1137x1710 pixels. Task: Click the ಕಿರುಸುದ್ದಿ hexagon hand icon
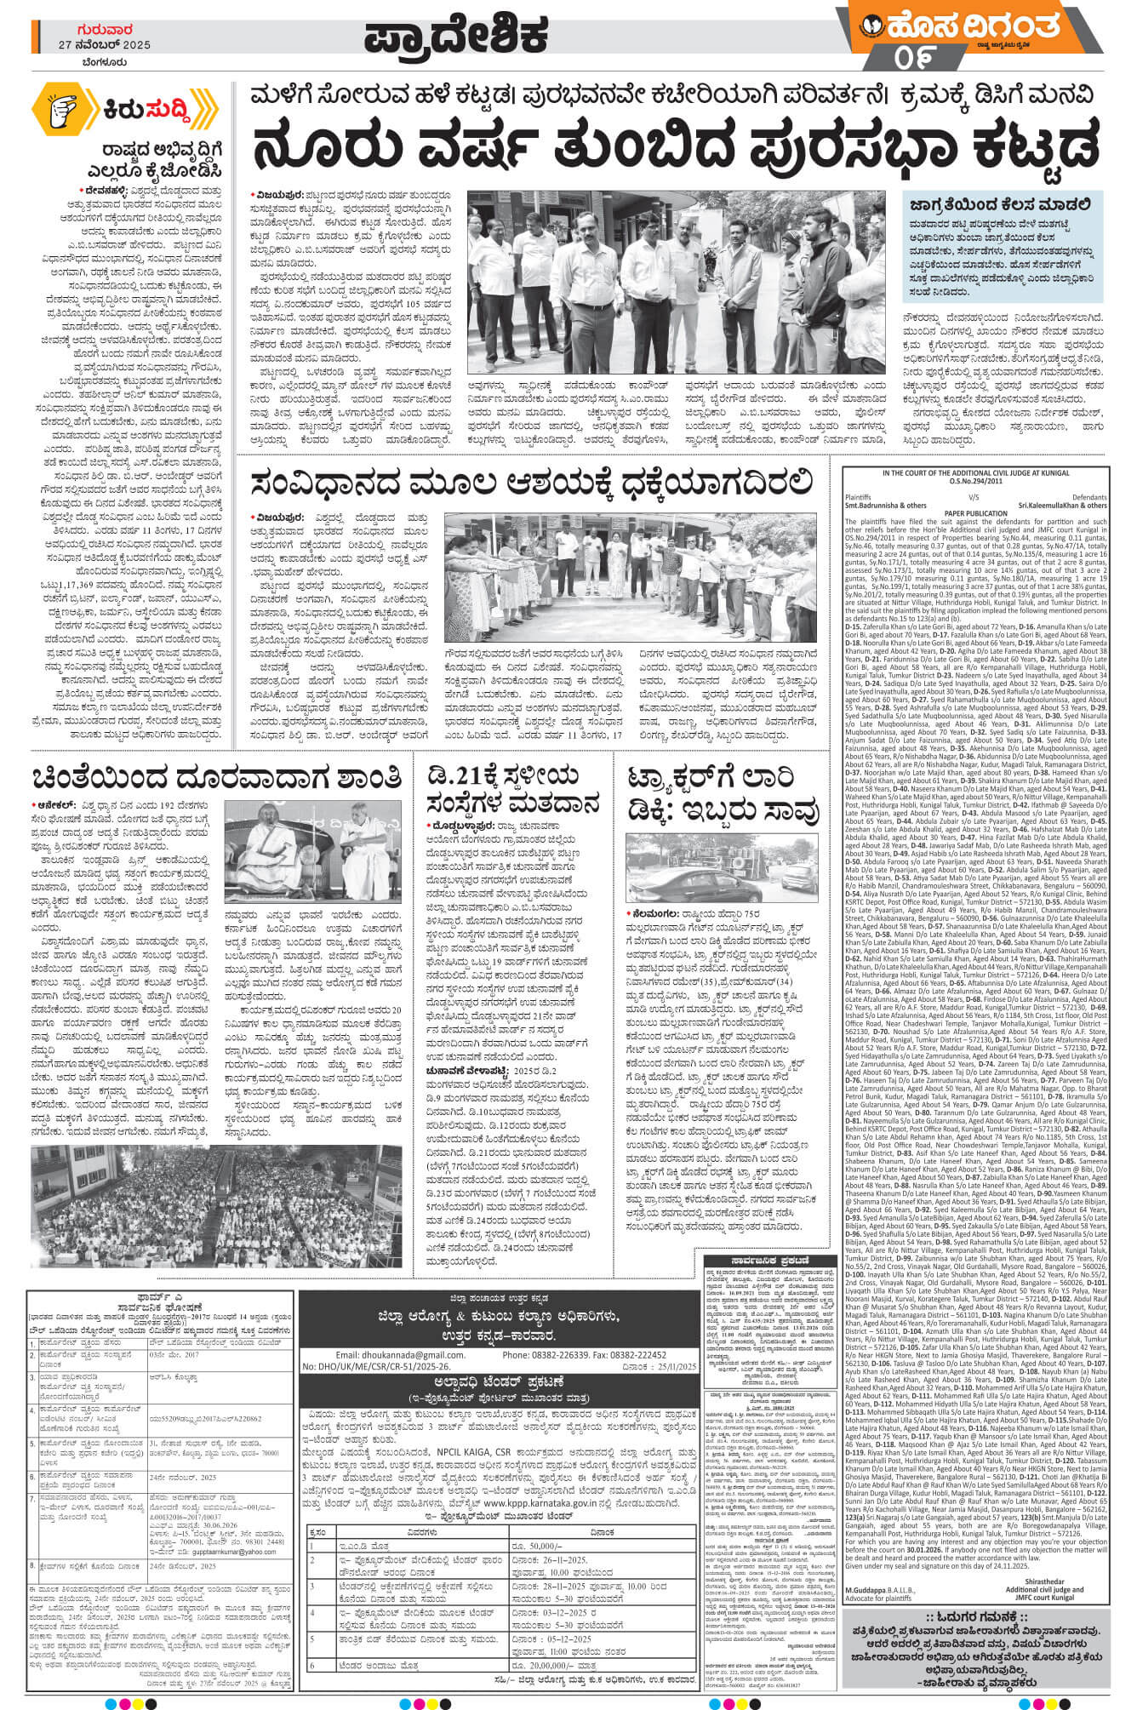63,107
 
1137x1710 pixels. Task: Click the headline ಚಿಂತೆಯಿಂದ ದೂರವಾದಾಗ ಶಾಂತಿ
216,778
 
